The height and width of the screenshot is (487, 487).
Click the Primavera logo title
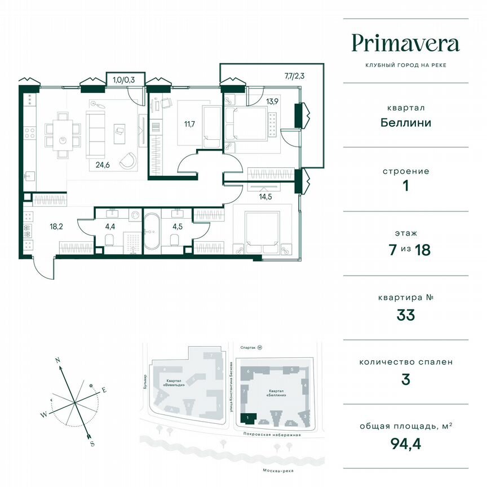click(x=405, y=43)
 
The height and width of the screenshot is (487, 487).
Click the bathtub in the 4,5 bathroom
click(x=151, y=231)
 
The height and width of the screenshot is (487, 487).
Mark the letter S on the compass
click(x=92, y=444)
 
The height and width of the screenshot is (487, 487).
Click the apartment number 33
click(x=405, y=315)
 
